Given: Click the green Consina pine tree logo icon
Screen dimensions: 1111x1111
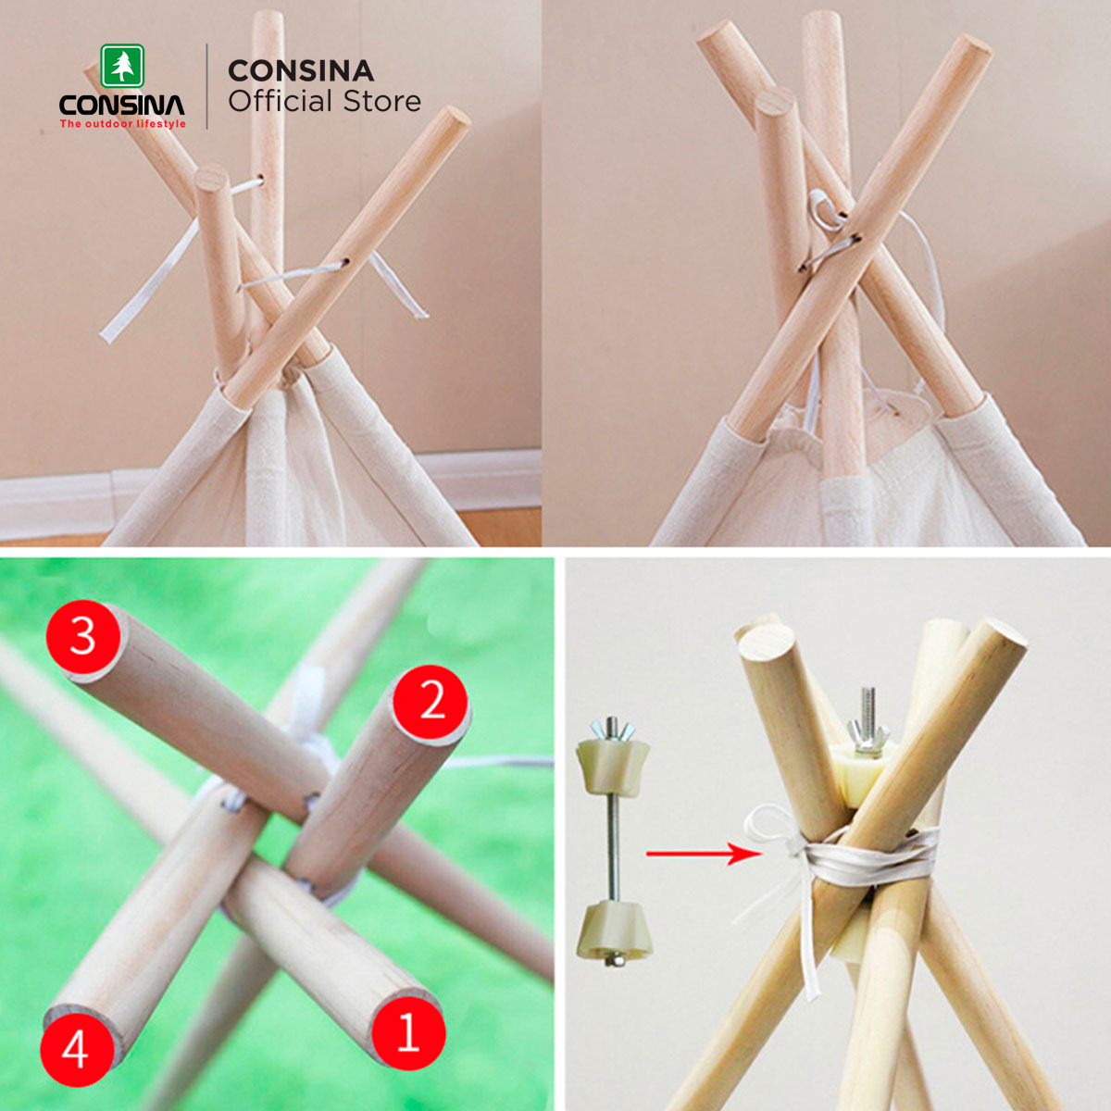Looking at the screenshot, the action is tap(122, 67).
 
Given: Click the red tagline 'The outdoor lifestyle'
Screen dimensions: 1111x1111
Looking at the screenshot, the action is tap(123, 123).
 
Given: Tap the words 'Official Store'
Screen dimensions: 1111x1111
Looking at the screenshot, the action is tap(325, 101).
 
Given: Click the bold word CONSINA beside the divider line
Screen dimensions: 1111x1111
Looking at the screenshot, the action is tap(301, 71).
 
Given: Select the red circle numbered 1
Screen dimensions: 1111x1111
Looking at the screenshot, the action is tap(409, 1033).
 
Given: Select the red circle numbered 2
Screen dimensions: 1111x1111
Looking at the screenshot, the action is tap(431, 702).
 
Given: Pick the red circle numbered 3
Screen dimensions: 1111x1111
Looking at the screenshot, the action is tap(83, 638).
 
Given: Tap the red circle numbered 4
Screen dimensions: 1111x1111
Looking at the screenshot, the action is tap(77, 1050).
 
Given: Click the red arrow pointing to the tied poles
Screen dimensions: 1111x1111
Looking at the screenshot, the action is tap(704, 854).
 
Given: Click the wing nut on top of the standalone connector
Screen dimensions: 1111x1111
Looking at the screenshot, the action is tap(613, 730).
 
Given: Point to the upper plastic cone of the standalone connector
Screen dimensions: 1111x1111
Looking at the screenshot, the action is tap(613, 769).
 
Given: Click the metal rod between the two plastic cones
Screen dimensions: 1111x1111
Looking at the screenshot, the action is tap(614, 850).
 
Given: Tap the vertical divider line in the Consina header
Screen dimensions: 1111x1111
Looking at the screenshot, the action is tap(207, 86).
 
